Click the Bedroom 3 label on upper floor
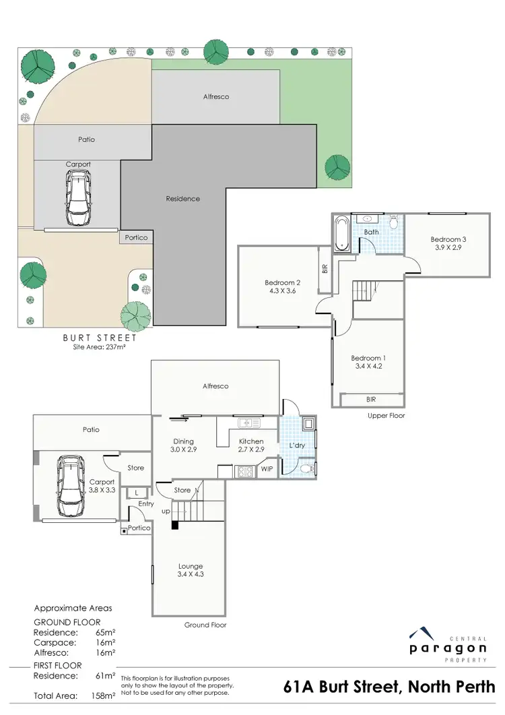coord(447,239)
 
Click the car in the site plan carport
coord(78,196)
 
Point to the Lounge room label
coord(190,566)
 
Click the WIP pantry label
coord(267,468)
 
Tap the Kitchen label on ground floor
coord(251,441)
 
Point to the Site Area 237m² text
coord(99,348)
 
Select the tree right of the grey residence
coord(335,166)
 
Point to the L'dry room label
coord(296,446)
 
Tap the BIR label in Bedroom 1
coord(371,399)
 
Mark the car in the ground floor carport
coord(70,485)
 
